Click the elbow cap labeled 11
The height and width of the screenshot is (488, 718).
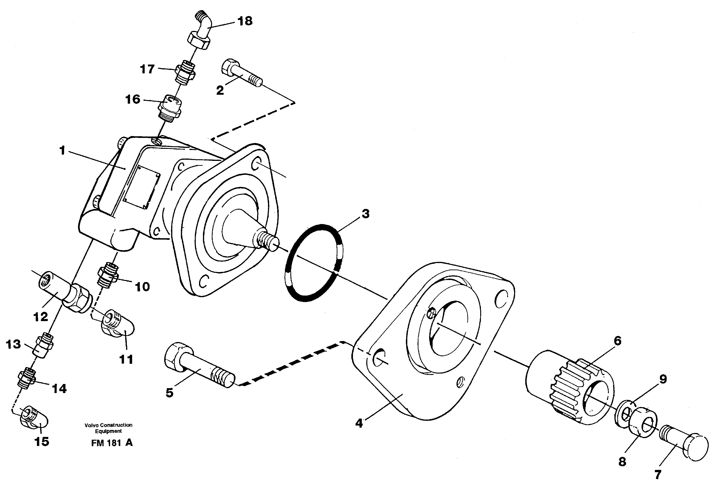119,326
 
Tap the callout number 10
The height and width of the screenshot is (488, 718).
142,287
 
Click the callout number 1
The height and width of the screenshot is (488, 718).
62,151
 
